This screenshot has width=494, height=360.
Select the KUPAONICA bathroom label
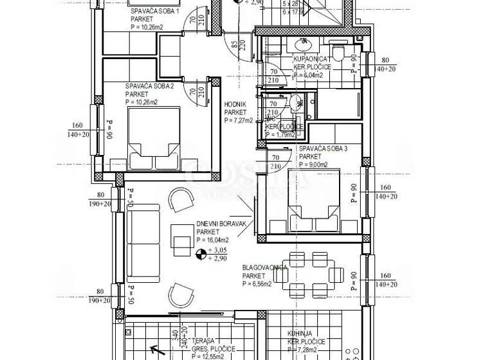[313, 59]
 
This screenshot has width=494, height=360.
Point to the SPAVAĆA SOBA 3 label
[323, 148]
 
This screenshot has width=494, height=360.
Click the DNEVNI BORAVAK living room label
[221, 224]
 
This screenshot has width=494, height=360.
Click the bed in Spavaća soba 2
[154, 139]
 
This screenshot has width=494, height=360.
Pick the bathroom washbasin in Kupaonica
[302, 44]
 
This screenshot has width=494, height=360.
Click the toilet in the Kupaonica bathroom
[338, 51]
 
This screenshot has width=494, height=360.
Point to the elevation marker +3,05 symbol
[203, 255]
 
